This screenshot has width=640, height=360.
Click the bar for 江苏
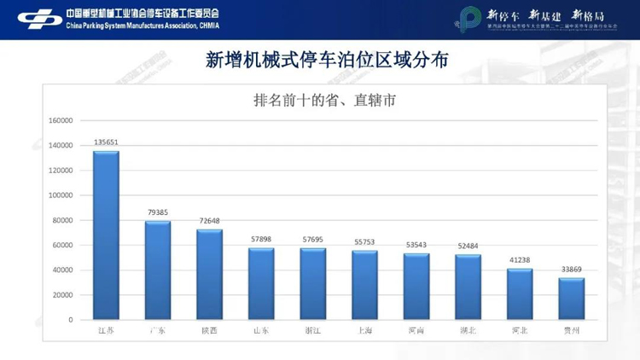pos(106,235)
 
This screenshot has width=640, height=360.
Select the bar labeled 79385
pos(158,270)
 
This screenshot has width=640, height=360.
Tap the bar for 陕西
pos(209,275)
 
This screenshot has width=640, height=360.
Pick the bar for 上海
pos(364,285)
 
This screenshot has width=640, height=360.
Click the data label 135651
pos(107,142)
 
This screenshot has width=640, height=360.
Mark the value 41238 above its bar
pos(520,260)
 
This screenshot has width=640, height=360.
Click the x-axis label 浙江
pos(313,330)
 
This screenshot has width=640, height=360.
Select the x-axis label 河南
pos(416,330)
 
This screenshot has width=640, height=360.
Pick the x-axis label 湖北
pos(468,330)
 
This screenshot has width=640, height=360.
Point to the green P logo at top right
pos(468,19)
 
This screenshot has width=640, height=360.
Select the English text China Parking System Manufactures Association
pos(142,26)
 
